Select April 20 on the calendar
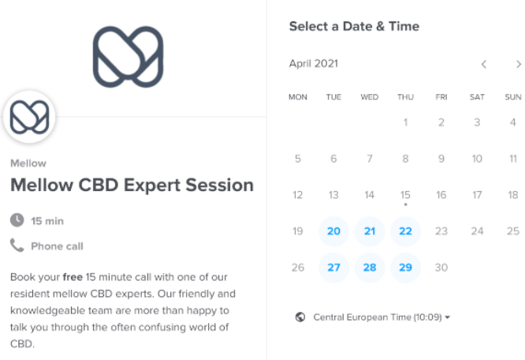coord(333,231)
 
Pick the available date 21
coord(370,231)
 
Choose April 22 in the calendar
coord(405,231)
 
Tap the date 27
coord(333,268)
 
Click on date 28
coord(370,268)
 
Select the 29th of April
coord(405,268)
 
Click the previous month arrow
coord(484,64)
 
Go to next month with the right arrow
coord(519,64)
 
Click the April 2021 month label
coord(314,64)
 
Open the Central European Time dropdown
coord(382,317)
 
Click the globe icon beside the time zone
coord(300,317)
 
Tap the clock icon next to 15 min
coord(17,220)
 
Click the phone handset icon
coord(17,246)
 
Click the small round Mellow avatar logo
coord(29,117)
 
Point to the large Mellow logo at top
coord(128,57)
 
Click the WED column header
coord(370,97)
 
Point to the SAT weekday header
coord(477,97)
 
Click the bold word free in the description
coord(73,277)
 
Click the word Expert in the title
coord(152,186)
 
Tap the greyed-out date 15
coord(405,195)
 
